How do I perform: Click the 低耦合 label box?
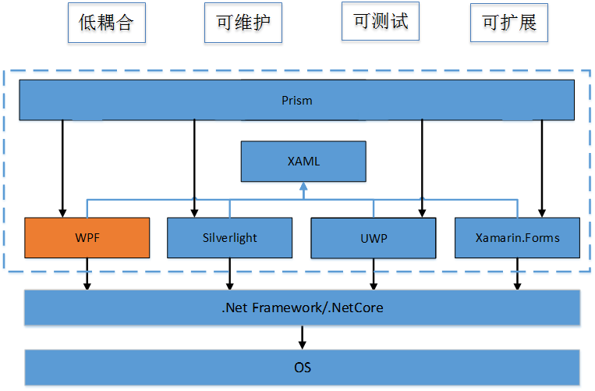click(x=106, y=23)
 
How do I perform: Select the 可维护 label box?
click(x=243, y=23)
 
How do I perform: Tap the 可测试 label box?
click(x=381, y=21)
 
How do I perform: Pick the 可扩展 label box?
click(x=509, y=23)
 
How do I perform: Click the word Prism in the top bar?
click(x=297, y=100)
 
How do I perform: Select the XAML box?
click(x=303, y=162)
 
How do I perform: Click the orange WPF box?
click(x=87, y=237)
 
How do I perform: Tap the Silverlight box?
click(x=229, y=237)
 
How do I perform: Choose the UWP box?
click(x=374, y=237)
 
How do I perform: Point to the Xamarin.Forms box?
click(x=517, y=237)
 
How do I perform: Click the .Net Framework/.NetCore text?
click(x=302, y=307)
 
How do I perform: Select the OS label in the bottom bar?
click(x=303, y=367)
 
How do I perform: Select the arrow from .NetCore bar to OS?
click(x=303, y=337)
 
